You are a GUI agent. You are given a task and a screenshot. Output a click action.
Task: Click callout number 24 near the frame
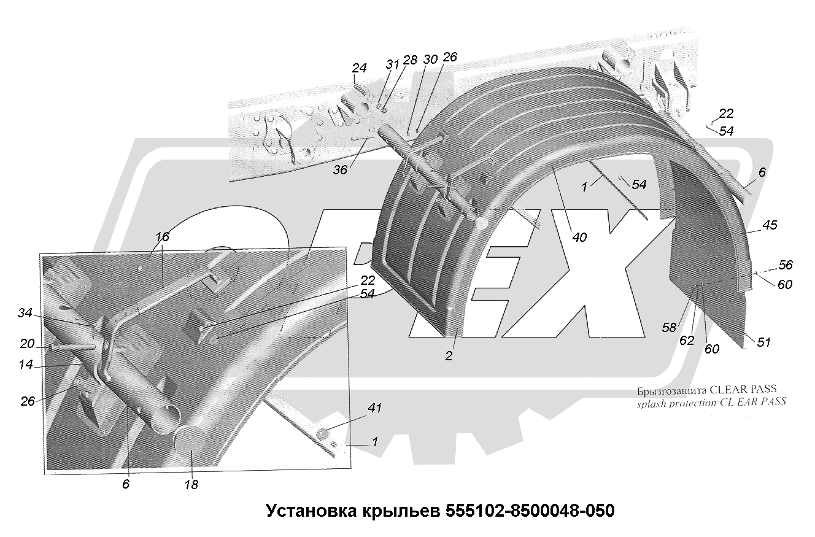click(x=359, y=69)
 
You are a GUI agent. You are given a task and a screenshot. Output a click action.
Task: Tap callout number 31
click(x=393, y=63)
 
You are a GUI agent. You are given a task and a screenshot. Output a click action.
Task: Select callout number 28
click(x=410, y=60)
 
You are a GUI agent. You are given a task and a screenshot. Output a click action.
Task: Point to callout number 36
click(x=339, y=169)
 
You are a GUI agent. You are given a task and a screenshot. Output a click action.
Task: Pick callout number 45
click(x=770, y=225)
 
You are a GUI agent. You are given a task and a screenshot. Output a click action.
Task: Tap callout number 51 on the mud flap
click(x=763, y=342)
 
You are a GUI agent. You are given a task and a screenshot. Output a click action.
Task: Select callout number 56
click(x=786, y=265)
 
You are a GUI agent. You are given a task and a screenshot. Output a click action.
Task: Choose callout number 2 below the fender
click(x=449, y=355)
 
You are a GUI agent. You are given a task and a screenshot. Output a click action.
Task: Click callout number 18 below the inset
click(x=192, y=484)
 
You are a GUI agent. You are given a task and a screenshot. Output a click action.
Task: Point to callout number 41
click(x=374, y=408)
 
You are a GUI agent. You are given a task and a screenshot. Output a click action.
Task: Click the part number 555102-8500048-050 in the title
click(x=525, y=511)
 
